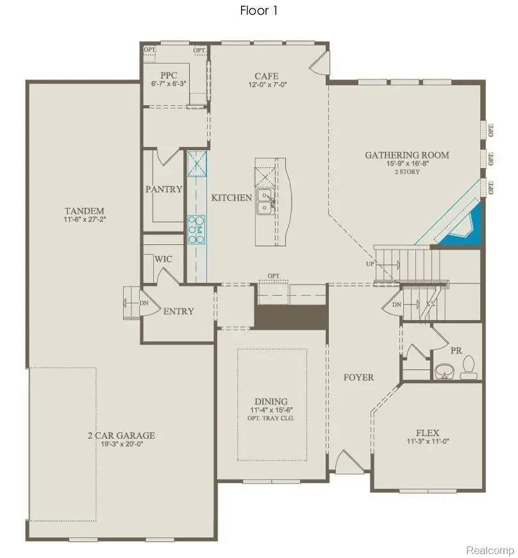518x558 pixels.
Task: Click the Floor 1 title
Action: (x=259, y=10)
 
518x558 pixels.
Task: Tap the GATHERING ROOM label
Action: (x=407, y=155)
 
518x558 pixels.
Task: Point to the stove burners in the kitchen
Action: (x=196, y=230)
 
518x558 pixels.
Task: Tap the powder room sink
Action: (x=442, y=371)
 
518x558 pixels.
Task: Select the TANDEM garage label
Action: (x=85, y=211)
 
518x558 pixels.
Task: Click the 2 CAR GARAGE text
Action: (x=121, y=435)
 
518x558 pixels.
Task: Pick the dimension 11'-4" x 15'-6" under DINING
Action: (x=271, y=410)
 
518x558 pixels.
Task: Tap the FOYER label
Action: (x=358, y=377)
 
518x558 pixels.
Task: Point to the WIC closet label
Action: (x=163, y=260)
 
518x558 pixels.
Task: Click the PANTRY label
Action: (x=164, y=189)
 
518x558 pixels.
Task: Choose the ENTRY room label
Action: (x=178, y=311)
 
